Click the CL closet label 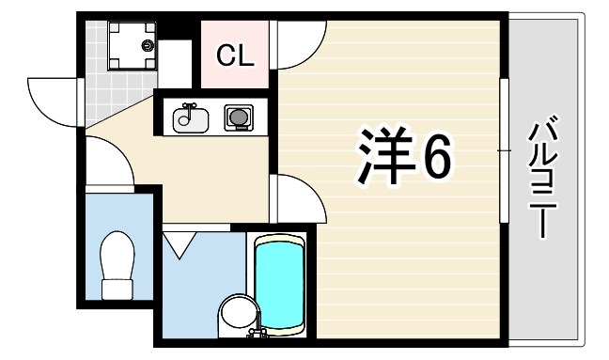pyautogui.click(x=235, y=56)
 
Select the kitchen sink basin pyautogui.click(x=191, y=119)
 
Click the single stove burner pyautogui.click(x=238, y=118)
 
